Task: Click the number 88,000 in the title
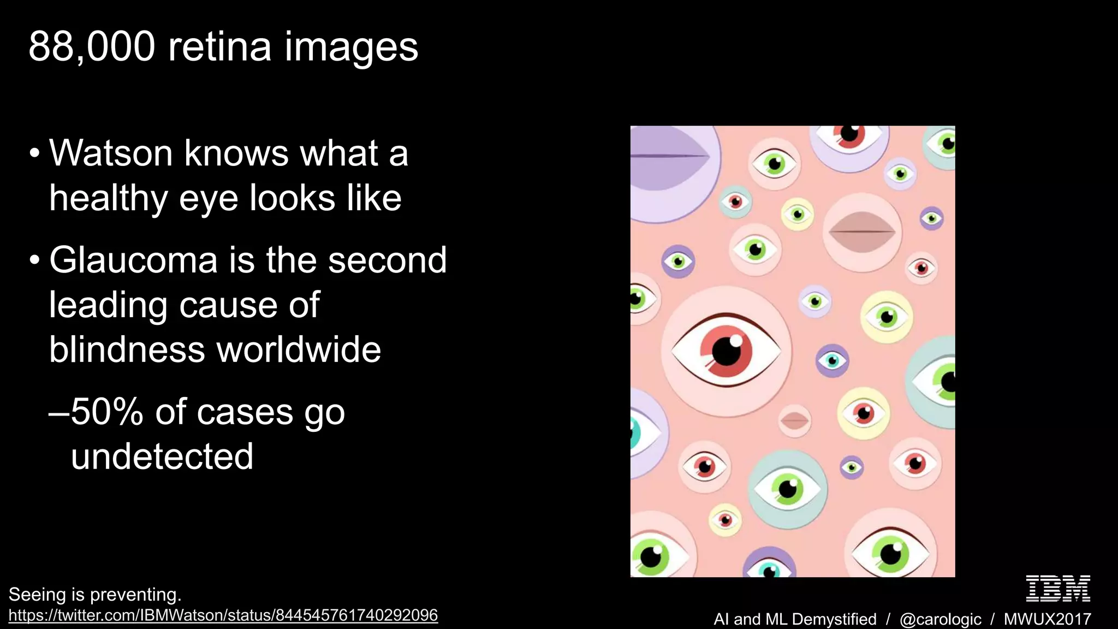92,48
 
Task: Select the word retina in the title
219,48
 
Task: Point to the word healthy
108,199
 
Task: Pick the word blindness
127,349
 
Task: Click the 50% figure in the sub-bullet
107,412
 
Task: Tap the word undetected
162,456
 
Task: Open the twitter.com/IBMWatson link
223,615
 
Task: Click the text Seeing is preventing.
94,594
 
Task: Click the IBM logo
1058,588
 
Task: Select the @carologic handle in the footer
940,619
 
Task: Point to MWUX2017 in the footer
1047,619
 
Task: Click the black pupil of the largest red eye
727,351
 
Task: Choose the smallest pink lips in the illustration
794,420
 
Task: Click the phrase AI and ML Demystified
795,619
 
